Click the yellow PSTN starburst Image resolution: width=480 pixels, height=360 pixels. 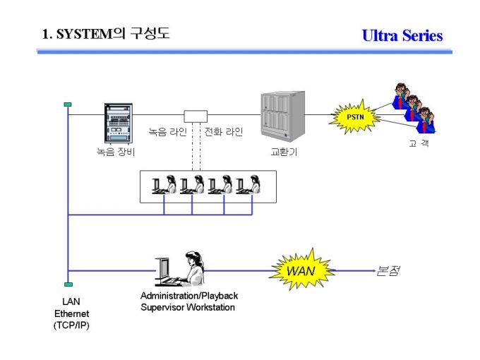point(355,117)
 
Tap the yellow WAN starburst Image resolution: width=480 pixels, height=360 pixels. point(301,270)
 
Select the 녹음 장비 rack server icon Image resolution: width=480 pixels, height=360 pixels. point(119,124)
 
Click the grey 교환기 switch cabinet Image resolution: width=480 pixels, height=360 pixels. point(283,116)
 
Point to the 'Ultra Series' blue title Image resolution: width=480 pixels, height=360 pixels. point(402,35)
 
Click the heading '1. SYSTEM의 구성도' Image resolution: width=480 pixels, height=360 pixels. point(106,33)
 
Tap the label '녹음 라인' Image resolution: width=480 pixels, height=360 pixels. point(167,131)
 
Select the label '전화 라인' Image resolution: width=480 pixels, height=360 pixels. point(224,131)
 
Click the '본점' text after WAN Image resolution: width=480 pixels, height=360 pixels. point(388,270)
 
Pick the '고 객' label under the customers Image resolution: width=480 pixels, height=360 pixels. point(419,143)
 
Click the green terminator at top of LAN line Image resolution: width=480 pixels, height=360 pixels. point(68,104)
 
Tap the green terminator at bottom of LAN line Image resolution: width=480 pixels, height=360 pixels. point(68,284)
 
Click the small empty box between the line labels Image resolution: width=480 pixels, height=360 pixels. point(196,116)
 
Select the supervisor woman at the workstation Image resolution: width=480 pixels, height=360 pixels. point(194,269)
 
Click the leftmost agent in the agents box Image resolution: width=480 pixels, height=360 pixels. point(164,185)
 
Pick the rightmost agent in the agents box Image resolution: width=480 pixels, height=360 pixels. point(248,185)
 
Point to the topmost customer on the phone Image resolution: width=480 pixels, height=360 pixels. point(402,95)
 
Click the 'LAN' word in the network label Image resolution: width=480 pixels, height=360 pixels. point(71,301)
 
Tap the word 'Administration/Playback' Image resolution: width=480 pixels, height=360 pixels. point(189,296)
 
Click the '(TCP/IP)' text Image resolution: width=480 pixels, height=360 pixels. point(71,325)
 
